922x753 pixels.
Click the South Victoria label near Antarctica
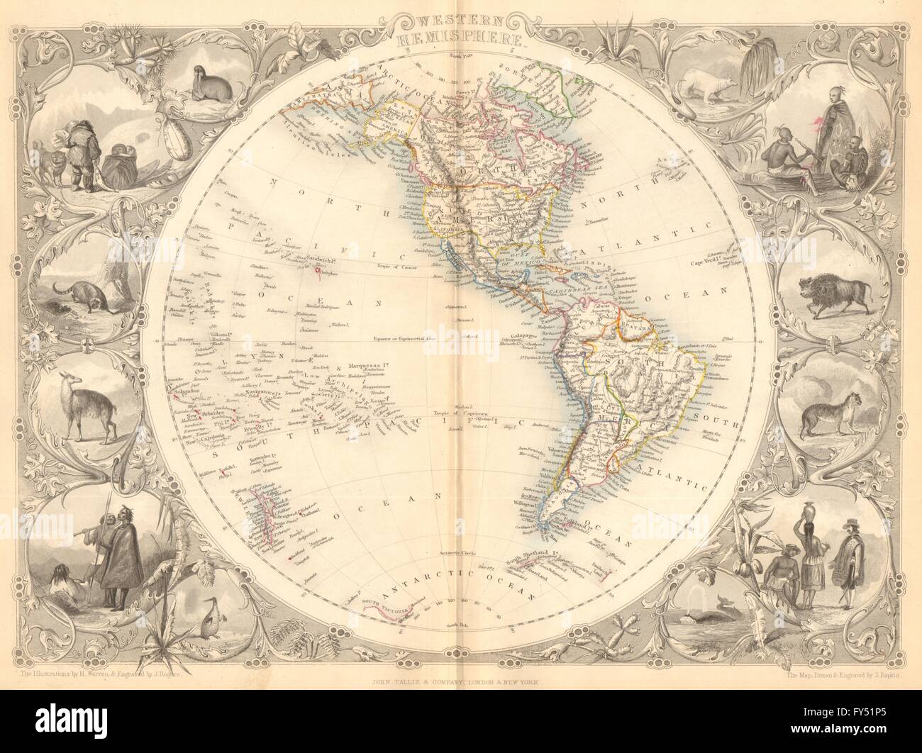coord(402,604)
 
